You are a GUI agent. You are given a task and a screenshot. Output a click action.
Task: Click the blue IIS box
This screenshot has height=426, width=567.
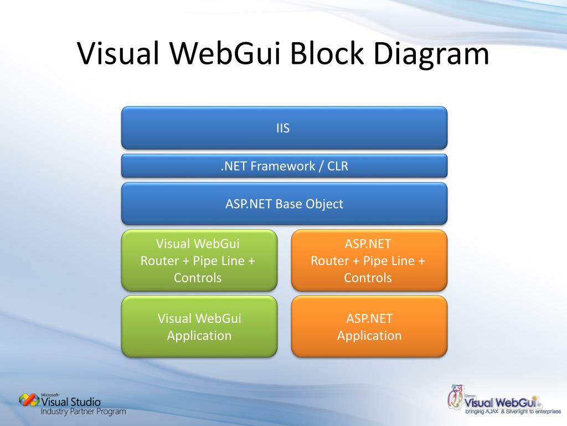283,128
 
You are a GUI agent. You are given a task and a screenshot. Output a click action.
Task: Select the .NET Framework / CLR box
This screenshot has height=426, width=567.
283,166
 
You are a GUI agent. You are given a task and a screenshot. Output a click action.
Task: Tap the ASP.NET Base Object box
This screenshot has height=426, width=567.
283,204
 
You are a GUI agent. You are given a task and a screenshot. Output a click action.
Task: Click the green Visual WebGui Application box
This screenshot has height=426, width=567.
199,327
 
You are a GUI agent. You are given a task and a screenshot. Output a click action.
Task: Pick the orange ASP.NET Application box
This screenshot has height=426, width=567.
369,327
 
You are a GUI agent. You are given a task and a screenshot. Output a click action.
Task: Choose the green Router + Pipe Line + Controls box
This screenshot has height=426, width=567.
199,261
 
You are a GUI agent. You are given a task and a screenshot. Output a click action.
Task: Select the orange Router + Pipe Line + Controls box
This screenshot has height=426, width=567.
369,261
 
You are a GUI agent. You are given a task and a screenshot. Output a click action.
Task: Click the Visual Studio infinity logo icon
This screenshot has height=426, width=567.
29,400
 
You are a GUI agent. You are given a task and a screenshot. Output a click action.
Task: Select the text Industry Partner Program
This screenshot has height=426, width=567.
83,412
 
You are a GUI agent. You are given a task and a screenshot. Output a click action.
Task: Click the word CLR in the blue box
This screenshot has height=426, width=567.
337,166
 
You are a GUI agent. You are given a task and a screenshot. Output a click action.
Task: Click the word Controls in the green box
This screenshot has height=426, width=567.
198,278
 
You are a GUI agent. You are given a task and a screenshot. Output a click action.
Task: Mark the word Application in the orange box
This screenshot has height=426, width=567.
369,336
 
